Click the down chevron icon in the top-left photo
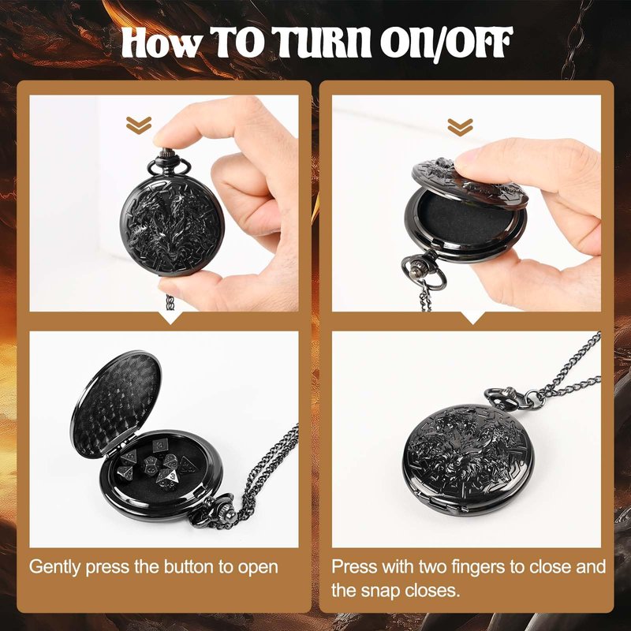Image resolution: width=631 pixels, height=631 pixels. (x=139, y=125)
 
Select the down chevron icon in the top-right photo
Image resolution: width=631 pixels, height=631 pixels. (x=461, y=127)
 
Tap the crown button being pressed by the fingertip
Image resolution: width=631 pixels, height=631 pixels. (x=166, y=154)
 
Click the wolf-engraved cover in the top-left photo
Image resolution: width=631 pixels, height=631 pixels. (x=172, y=226)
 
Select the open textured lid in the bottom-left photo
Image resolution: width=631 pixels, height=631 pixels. (x=116, y=404)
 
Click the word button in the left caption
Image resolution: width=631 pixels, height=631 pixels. (x=189, y=566)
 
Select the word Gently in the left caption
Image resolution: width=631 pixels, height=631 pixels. (x=55, y=567)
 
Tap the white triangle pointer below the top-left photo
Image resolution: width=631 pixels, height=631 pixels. (x=171, y=317)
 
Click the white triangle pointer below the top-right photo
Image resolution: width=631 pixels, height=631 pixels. (x=473, y=317)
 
